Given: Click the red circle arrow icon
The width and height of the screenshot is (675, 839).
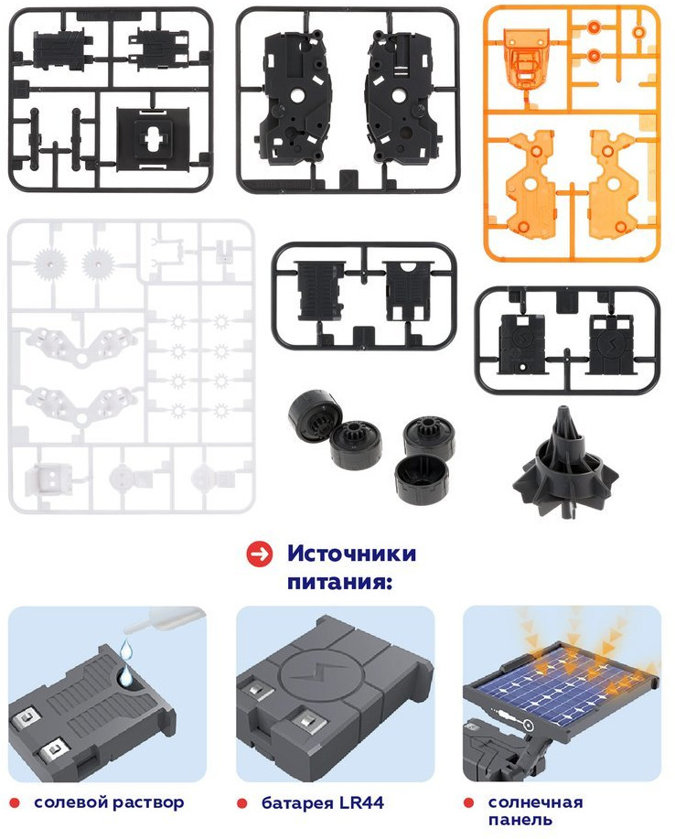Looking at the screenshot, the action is click(260, 554).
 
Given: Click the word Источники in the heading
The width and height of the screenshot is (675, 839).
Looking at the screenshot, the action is click(351, 554).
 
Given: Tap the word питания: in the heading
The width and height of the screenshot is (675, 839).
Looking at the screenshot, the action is click(340, 582).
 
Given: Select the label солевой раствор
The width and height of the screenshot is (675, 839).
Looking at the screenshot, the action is click(109, 802).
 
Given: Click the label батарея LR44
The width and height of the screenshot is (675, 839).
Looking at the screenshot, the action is click(323, 802).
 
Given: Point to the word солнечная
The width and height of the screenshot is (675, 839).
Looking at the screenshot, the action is click(535, 802).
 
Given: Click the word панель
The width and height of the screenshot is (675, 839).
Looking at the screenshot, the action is click(520, 820).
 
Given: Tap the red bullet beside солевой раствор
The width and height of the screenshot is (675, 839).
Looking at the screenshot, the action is click(15, 803).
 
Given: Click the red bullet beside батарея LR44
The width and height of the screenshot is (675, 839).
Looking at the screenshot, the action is click(242, 803).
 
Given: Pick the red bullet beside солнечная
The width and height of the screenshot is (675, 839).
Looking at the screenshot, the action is click(469, 802).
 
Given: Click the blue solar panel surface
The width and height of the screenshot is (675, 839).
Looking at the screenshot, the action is click(563, 686).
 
